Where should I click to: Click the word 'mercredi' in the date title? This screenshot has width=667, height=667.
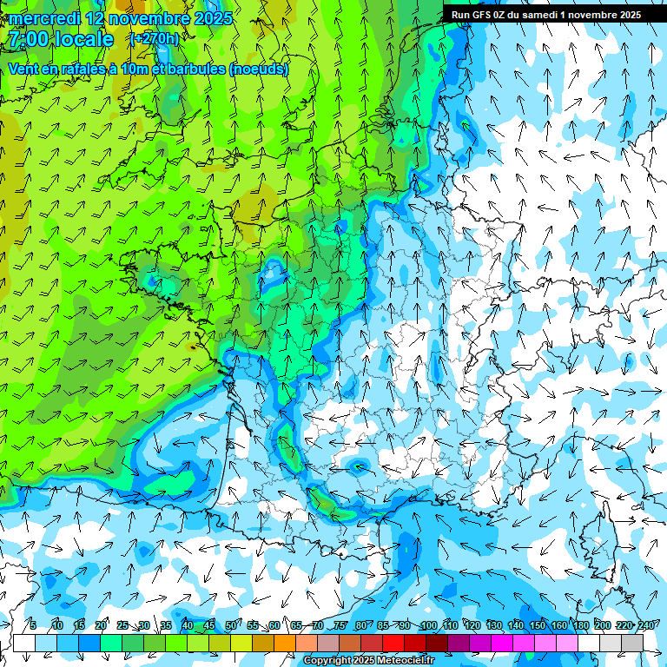click(x=43, y=17)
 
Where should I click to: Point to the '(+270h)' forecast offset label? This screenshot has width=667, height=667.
click(x=154, y=39)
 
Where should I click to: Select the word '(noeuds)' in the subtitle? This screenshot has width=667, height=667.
click(x=259, y=69)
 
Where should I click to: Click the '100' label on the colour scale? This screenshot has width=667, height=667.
click(x=427, y=626)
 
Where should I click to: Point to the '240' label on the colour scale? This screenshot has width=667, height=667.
click(x=645, y=626)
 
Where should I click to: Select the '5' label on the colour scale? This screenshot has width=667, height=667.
click(x=33, y=626)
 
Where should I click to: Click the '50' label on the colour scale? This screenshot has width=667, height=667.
click(x=231, y=626)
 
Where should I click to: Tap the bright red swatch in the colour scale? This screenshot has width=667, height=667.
click(x=393, y=643)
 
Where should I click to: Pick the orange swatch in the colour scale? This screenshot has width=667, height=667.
click(x=285, y=643)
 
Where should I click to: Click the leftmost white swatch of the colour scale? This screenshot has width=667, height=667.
click(x=24, y=643)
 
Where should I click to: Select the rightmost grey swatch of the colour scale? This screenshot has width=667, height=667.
click(x=632, y=643)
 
